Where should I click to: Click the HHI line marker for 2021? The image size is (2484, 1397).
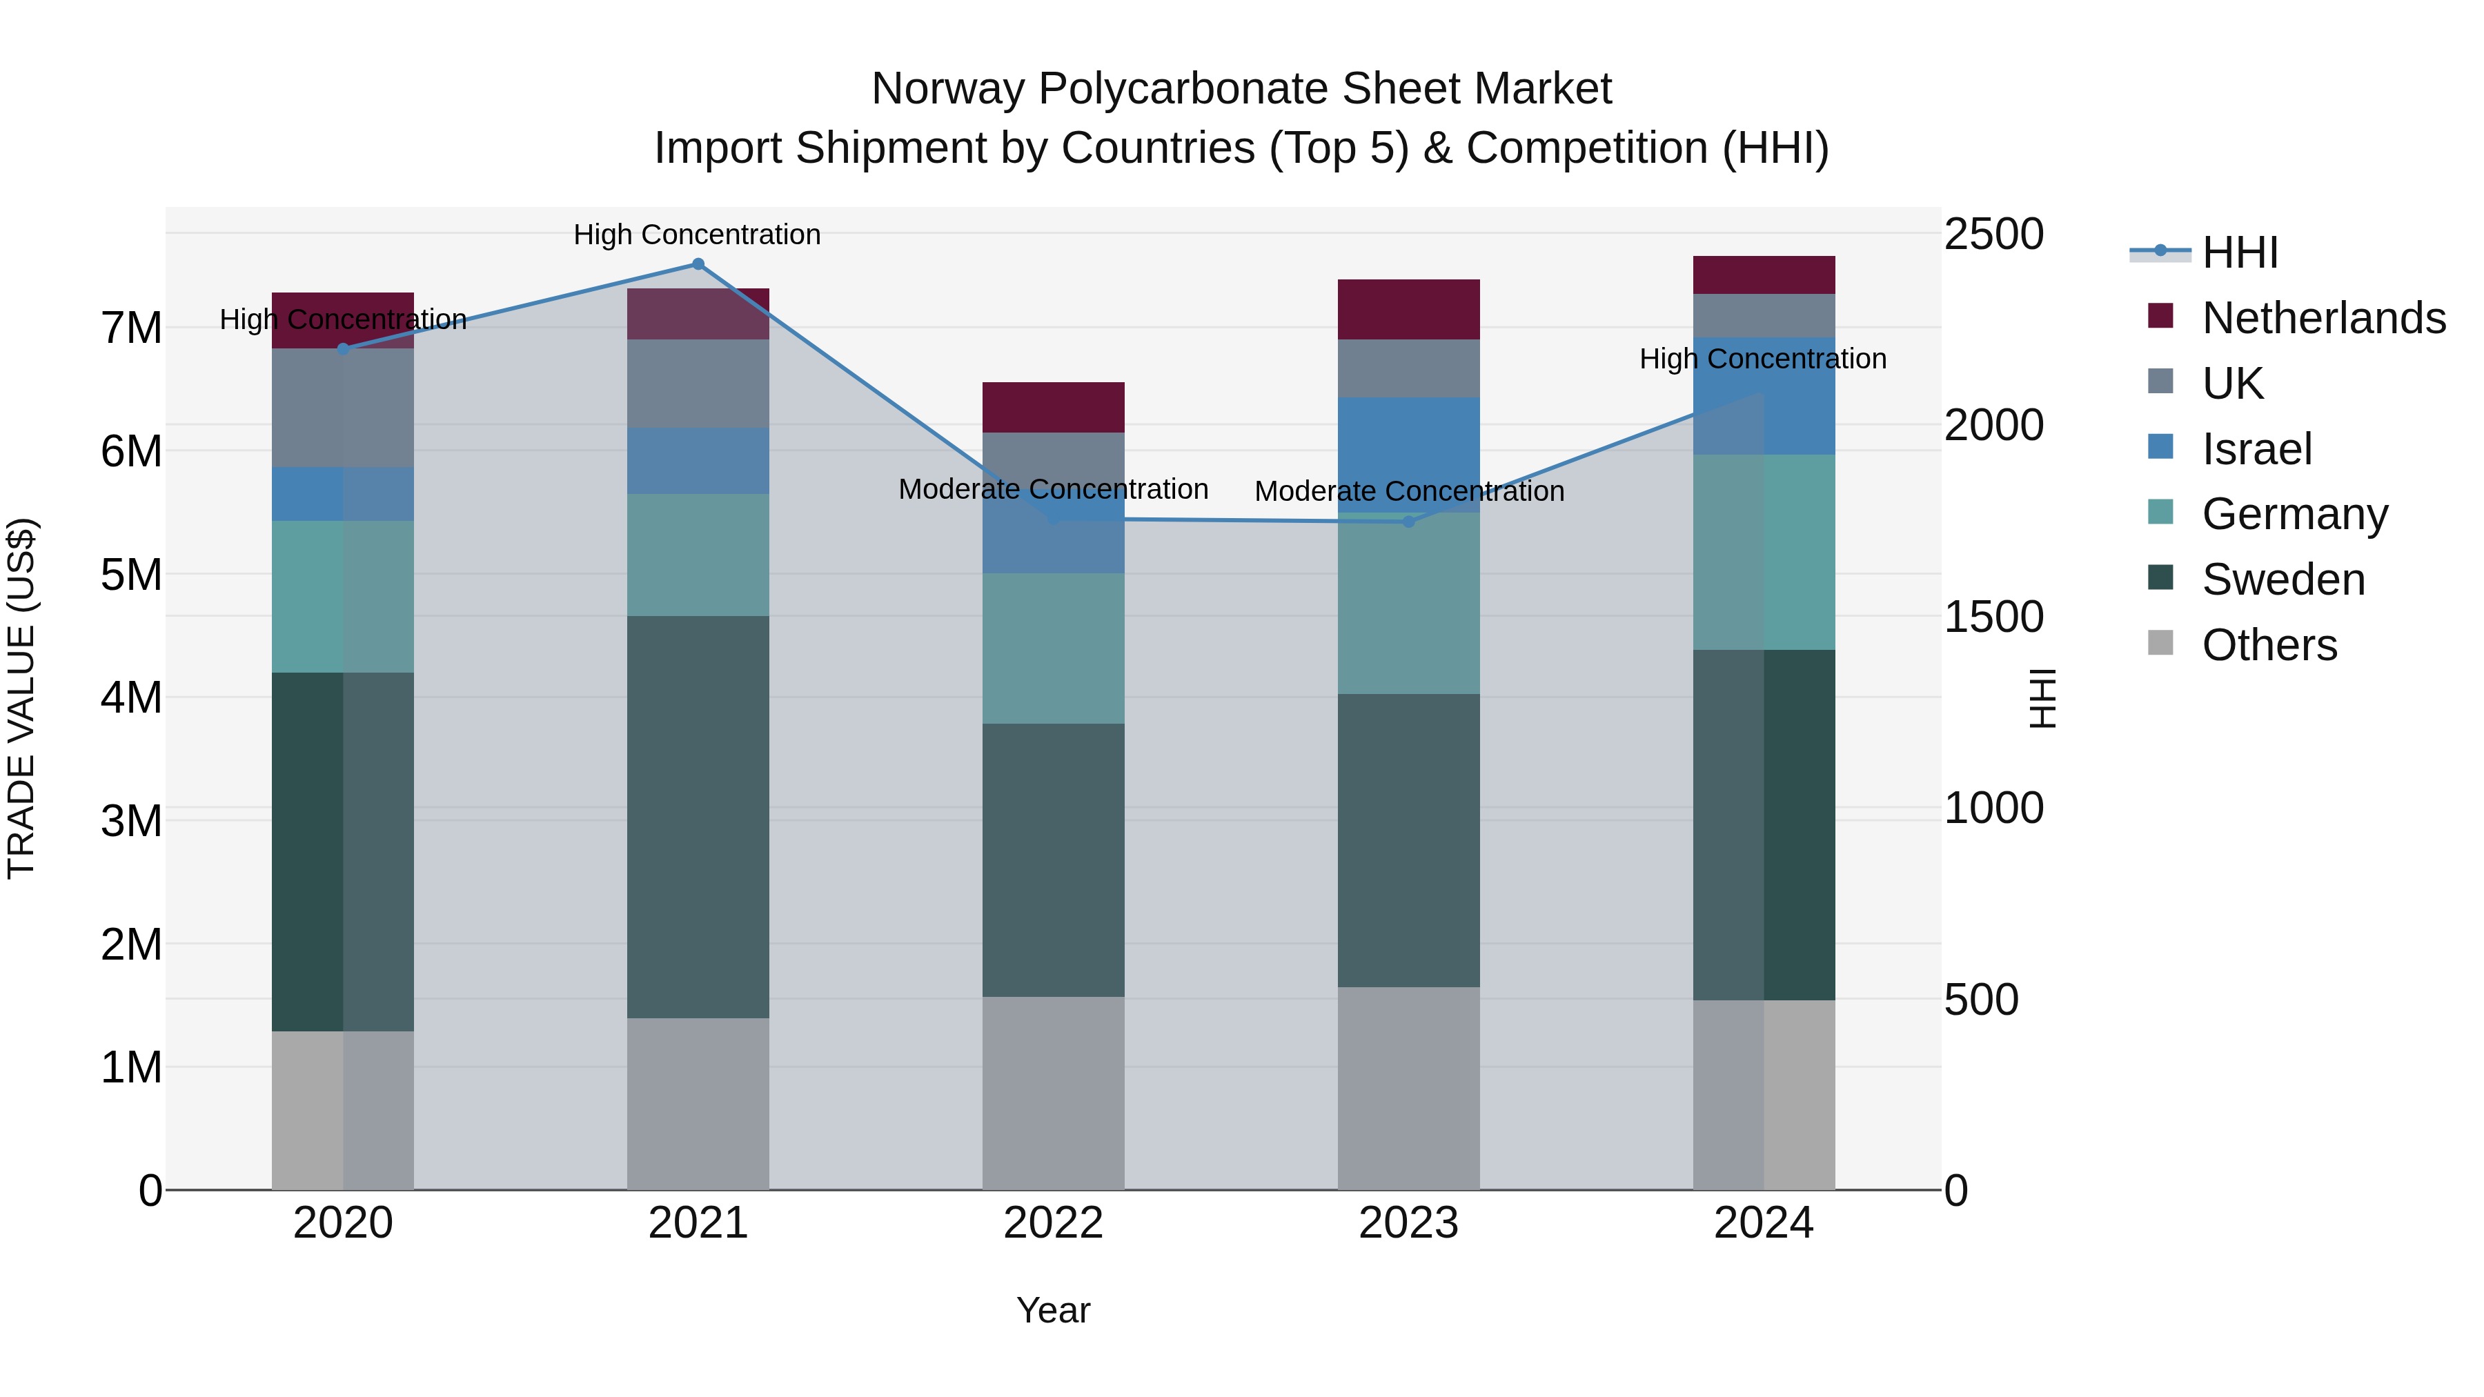pyautogui.click(x=698, y=264)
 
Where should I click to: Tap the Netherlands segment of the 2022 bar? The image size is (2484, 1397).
pyautogui.click(x=1053, y=407)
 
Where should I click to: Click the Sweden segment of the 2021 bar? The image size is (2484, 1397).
pyautogui.click(x=698, y=817)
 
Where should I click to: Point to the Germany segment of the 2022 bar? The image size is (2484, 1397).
pyautogui.click(x=1053, y=648)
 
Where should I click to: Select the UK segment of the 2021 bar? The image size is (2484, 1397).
pyautogui.click(x=698, y=384)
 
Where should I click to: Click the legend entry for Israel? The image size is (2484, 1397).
pyautogui.click(x=2256, y=449)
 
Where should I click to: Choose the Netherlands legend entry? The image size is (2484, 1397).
pyautogui.click(x=2322, y=318)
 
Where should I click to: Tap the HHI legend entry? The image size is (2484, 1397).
pyautogui.click(x=2239, y=252)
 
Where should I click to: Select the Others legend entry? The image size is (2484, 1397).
pyautogui.click(x=2268, y=645)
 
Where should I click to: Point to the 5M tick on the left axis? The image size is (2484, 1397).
pyautogui.click(x=131, y=575)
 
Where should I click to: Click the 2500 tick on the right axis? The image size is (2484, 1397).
pyautogui.click(x=1992, y=235)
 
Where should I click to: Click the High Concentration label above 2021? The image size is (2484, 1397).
pyautogui.click(x=696, y=235)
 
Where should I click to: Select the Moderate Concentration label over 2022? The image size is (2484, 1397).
pyautogui.click(x=1053, y=489)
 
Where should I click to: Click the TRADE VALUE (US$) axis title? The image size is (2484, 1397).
pyautogui.click(x=22, y=698)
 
